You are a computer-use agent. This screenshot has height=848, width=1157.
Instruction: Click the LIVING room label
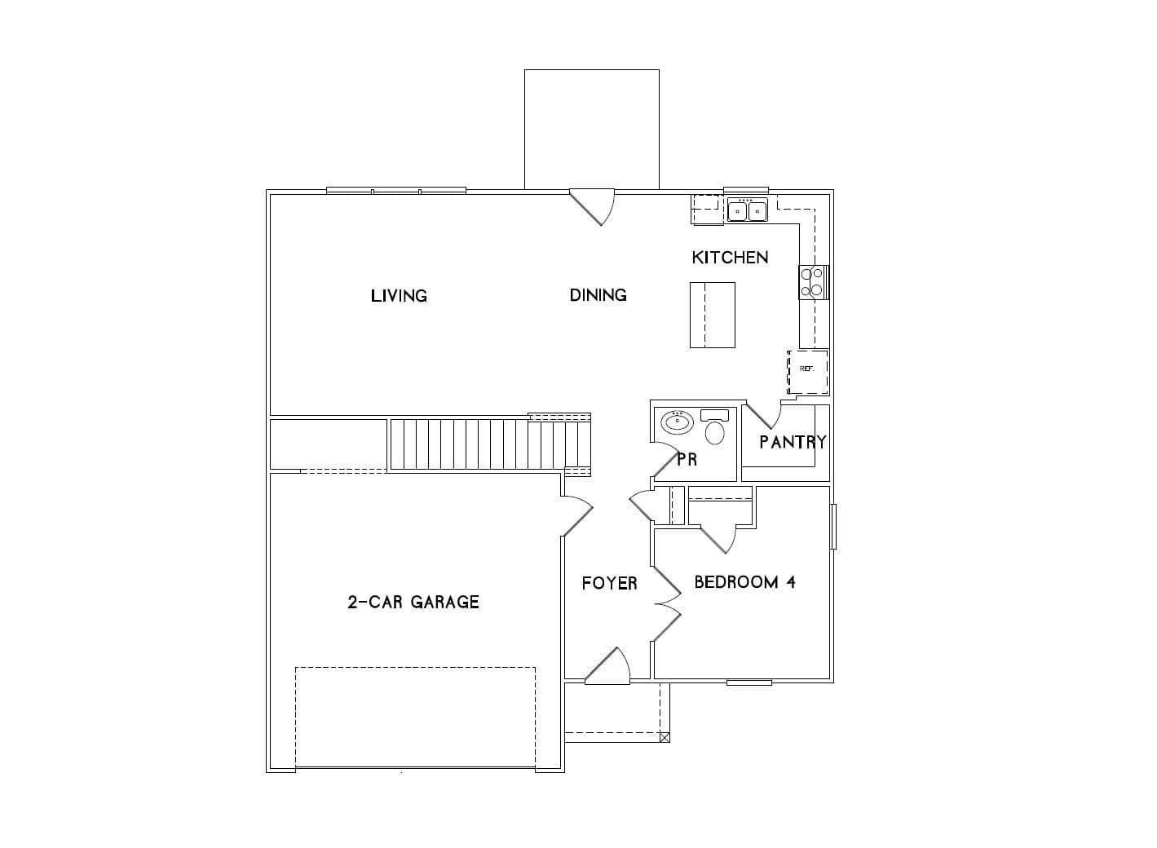[399, 296]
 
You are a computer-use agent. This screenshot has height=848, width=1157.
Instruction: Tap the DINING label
[598, 295]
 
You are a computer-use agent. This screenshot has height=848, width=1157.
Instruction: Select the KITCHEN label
[730, 257]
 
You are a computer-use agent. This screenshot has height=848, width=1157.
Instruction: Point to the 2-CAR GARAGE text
[413, 602]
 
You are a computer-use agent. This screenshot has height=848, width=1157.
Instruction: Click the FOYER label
[610, 584]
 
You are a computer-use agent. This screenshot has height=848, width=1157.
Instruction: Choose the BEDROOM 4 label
[744, 582]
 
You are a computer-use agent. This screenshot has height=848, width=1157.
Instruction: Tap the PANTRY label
[793, 442]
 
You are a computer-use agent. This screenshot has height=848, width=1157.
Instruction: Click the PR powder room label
[687, 459]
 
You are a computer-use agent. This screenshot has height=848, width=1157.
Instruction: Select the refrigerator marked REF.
[807, 372]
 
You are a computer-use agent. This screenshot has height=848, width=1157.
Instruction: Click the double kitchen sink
[748, 210]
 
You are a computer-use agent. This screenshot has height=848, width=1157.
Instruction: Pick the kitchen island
[713, 315]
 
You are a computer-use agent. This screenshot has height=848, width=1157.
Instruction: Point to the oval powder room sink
[677, 422]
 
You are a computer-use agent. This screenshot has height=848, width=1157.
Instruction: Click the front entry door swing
[608, 666]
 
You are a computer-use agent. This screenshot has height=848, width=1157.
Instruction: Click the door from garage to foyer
[577, 516]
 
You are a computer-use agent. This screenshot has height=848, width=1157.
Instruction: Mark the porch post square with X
[665, 737]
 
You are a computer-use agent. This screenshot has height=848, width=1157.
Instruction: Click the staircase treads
[490, 444]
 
